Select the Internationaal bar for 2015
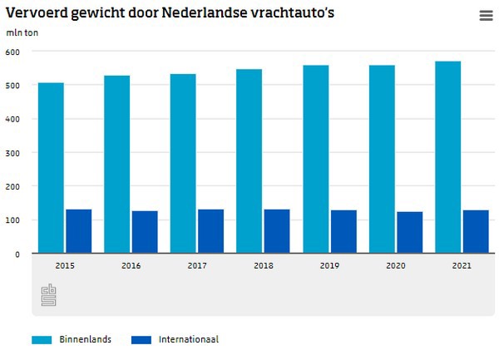click(78, 230)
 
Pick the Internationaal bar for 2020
click(409, 232)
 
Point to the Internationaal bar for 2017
click(210, 230)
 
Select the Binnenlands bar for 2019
click(316, 159)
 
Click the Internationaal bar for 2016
click(145, 231)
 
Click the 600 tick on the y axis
click(13, 52)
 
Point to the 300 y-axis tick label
click(13, 153)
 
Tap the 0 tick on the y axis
click(17, 254)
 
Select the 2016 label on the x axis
click(131, 265)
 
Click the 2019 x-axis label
click(329, 265)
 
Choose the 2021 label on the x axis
click(462, 265)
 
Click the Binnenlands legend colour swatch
click(42, 340)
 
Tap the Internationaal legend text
click(190, 339)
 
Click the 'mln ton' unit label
click(22, 33)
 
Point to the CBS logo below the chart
click(49, 295)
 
